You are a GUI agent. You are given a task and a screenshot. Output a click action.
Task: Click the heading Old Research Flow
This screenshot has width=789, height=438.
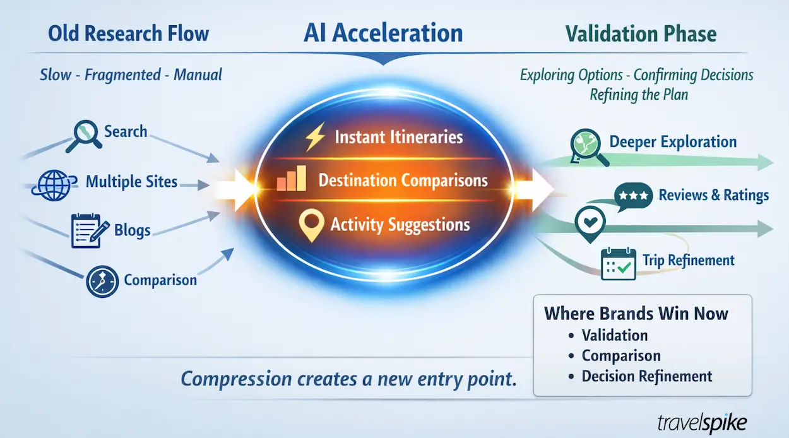point(129,33)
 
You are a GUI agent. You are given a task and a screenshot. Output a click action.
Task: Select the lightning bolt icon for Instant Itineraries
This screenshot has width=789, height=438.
point(314,138)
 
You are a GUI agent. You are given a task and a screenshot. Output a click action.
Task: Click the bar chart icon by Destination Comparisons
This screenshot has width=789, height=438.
point(292,180)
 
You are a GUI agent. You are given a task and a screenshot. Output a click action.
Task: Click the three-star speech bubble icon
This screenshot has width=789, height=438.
point(634,196)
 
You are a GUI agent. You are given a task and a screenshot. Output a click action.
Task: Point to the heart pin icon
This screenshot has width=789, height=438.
point(591,222)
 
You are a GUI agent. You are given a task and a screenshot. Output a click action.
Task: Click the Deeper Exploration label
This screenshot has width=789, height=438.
point(673,142)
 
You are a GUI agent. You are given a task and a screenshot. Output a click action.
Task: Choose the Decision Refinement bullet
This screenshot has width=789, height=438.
point(646,377)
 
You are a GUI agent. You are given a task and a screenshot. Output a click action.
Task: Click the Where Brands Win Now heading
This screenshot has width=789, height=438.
point(636,314)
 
